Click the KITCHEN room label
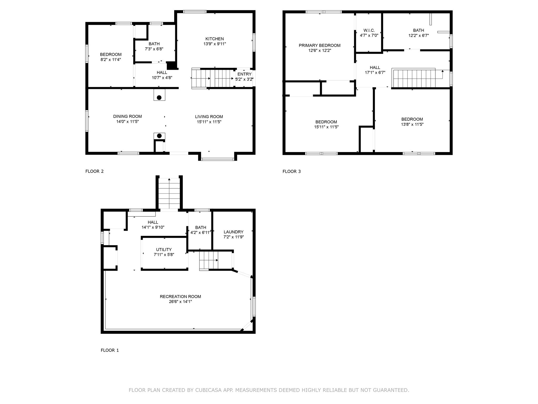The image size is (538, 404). (214, 39)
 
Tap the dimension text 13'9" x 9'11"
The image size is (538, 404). (214, 44)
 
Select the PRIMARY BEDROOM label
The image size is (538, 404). (319, 46)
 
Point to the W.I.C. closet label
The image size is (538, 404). (369, 30)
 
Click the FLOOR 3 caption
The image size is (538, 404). (291, 171)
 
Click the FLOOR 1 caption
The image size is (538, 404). (110, 350)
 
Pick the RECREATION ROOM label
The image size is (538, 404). (180, 297)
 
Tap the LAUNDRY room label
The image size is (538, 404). (233, 232)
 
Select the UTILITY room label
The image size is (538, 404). (164, 250)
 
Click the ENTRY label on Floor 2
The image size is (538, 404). (244, 74)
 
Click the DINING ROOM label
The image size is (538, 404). (127, 117)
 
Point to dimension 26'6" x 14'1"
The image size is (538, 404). (180, 302)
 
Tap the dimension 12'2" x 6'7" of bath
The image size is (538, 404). (418, 36)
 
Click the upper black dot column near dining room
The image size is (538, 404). (159, 98)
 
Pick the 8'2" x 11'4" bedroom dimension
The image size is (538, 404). (110, 60)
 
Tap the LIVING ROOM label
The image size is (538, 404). (209, 117)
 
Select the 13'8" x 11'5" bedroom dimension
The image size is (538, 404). (412, 124)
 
